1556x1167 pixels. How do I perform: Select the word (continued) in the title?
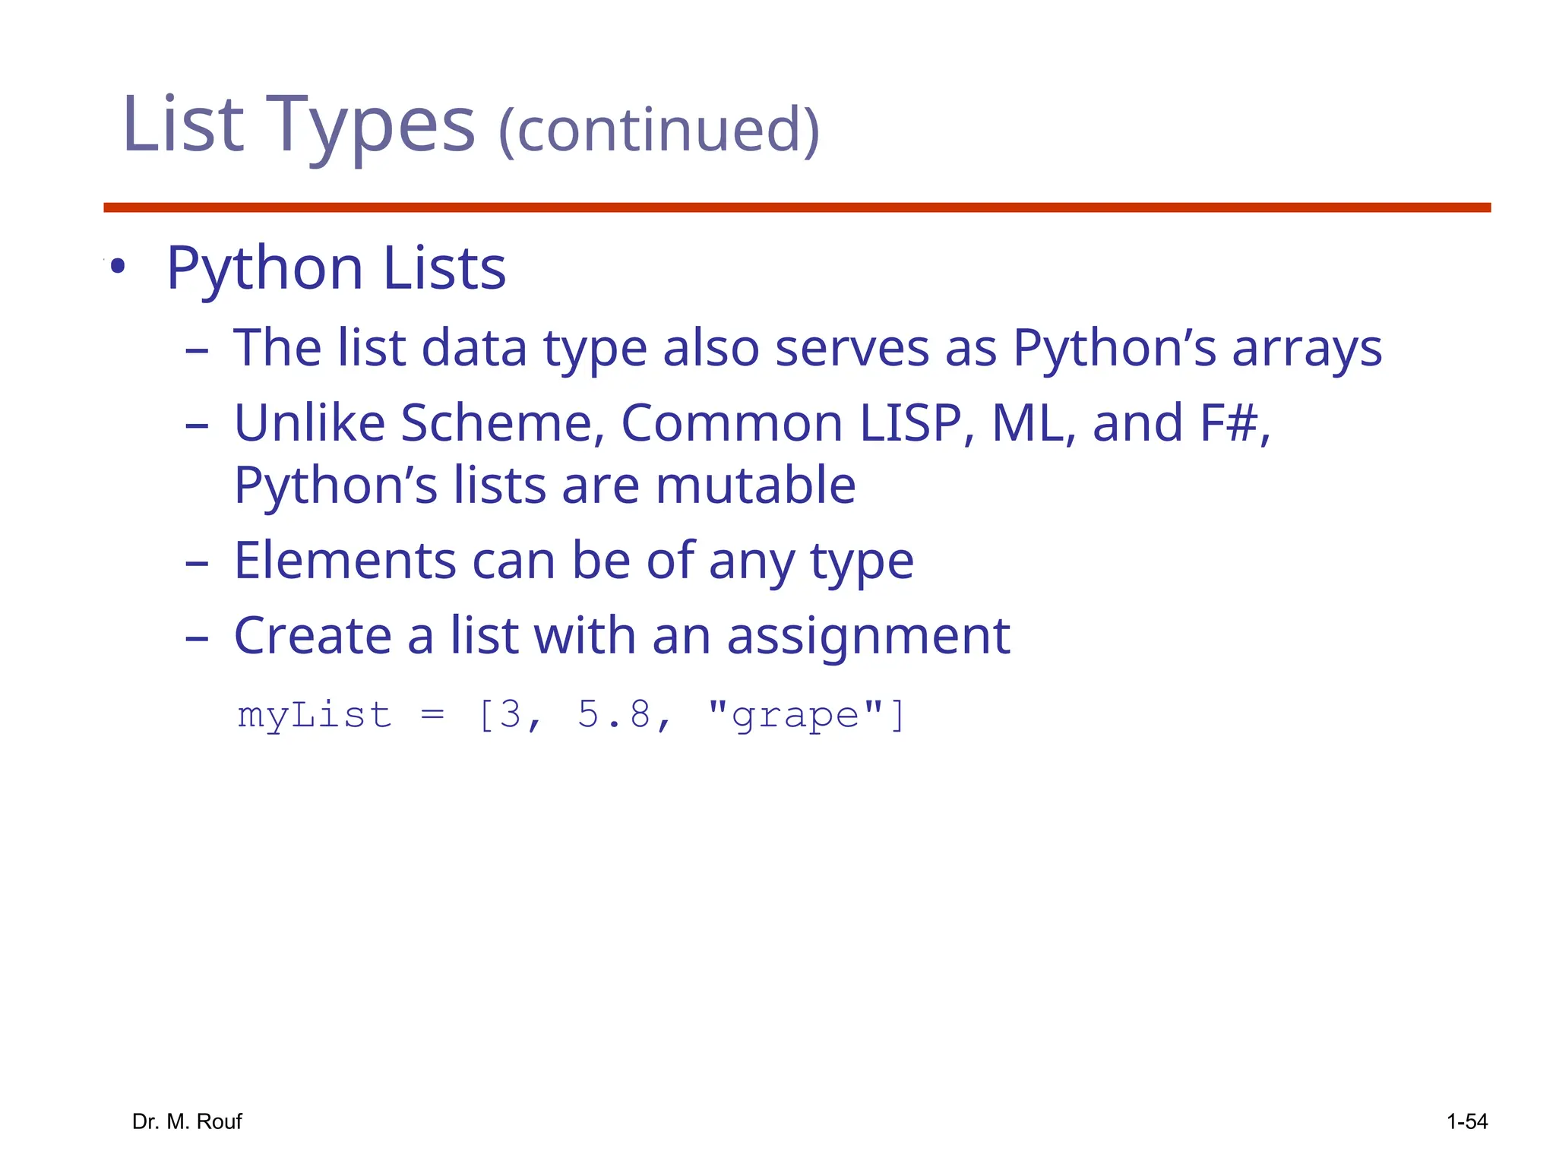659,129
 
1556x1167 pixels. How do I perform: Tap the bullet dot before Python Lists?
117,267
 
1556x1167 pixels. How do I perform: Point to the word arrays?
1307,349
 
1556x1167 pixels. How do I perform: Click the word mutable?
755,485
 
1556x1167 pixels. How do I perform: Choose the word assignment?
868,636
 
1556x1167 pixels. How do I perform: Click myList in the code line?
315,716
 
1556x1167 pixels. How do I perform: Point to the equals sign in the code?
432,716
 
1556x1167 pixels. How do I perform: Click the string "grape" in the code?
795,716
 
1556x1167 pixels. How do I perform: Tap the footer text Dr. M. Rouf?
187,1121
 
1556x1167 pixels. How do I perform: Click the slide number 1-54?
1466,1121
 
